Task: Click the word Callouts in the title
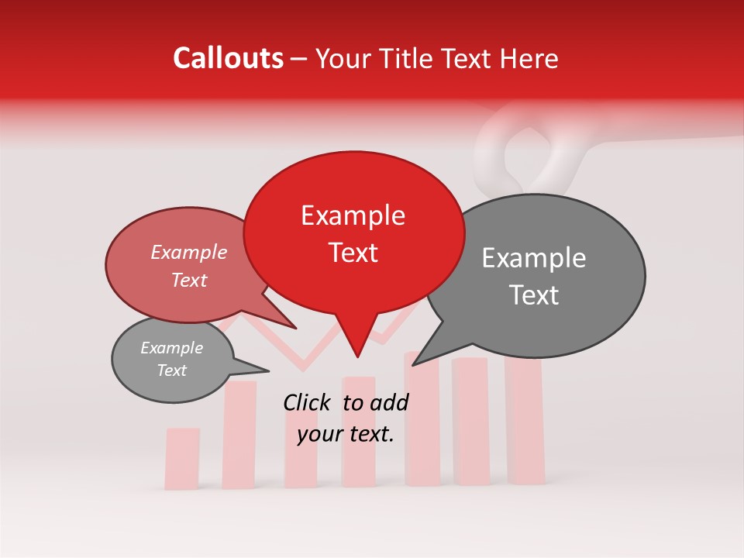pos(228,58)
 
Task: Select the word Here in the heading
pos(529,59)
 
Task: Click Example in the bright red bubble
pos(353,216)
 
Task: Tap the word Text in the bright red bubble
pos(353,253)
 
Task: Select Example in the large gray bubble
pos(534,259)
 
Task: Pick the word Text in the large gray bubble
pos(535,295)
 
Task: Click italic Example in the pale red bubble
pos(189,253)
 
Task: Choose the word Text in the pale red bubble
pos(189,280)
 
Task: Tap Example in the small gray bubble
pos(172,348)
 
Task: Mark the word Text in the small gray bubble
pos(172,370)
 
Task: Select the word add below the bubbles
pos(389,402)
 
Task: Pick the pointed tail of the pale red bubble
pos(294,327)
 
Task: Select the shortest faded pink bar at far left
pos(182,458)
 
